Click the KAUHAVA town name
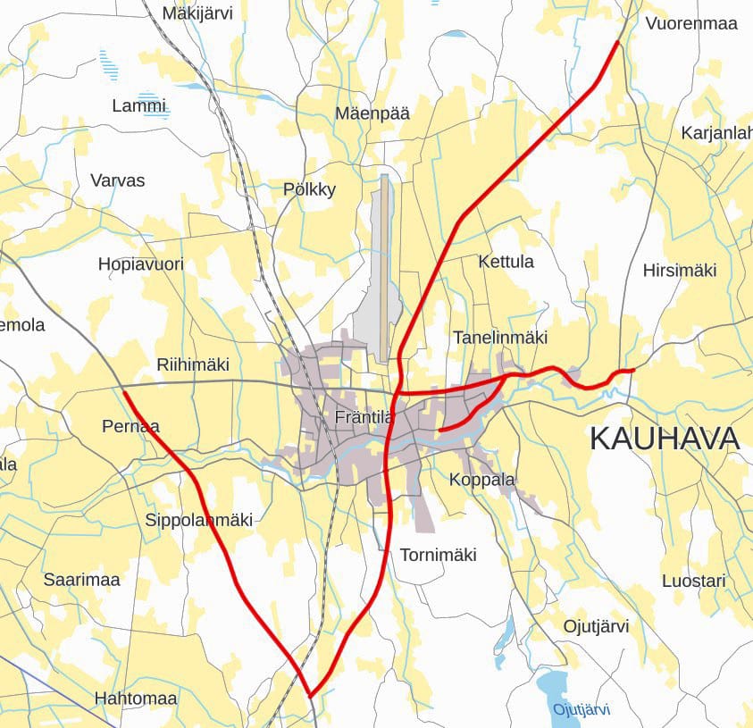coord(665,439)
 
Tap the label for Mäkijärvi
coord(197,13)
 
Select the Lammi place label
coord(139,105)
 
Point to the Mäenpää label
coord(372,113)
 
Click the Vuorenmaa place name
coord(691,23)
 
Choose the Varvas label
coord(117,180)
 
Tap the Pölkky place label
coord(309,189)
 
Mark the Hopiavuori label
coord(140,264)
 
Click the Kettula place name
coord(506,262)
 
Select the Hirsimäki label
coord(680,271)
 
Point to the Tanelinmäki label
coord(500,338)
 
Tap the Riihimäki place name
coord(193,364)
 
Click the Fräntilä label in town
coord(364,417)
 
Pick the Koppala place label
coord(482,480)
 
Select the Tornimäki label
coord(438,555)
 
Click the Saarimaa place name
coord(81,580)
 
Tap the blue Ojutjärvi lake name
coord(581,710)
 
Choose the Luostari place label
coord(694,581)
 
